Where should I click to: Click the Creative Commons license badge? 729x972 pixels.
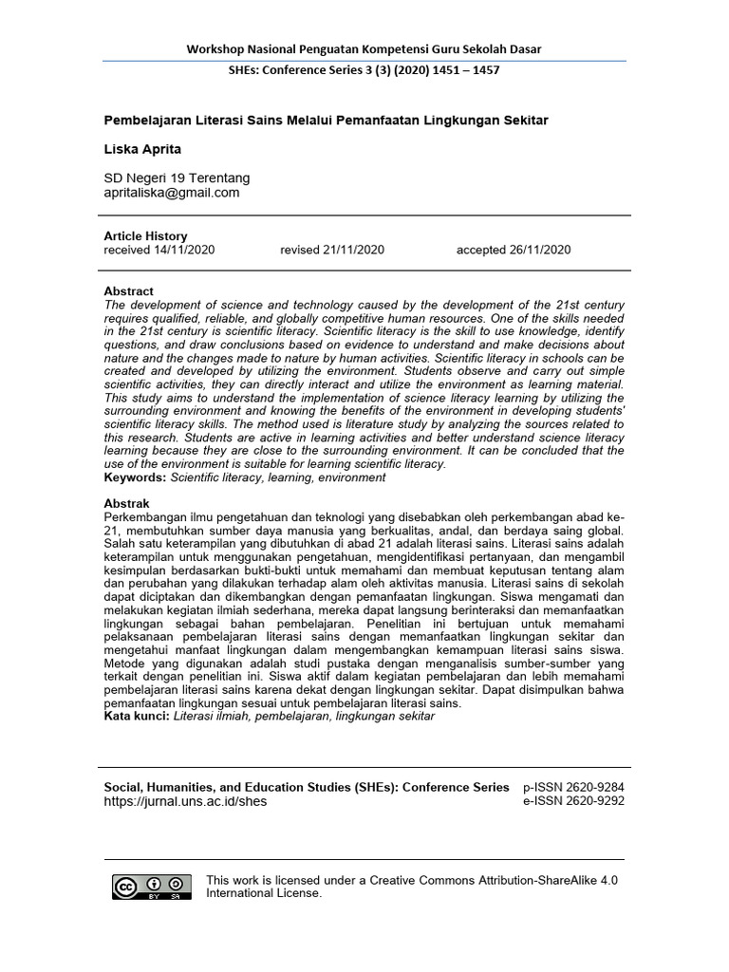click(152, 887)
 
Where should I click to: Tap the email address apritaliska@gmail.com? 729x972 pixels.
click(171, 193)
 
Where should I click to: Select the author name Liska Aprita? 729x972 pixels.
click(141, 149)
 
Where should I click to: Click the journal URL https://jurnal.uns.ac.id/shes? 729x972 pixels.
click(185, 801)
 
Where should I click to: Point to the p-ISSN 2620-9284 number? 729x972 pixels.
click(573, 787)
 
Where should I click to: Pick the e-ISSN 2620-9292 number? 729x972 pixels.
click(573, 801)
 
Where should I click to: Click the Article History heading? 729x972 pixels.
click(145, 236)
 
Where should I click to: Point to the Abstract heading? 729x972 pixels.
click(128, 291)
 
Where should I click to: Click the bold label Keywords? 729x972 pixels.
click(135, 477)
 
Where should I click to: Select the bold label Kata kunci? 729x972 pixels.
click(137, 717)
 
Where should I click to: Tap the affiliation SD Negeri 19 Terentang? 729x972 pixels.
click(177, 178)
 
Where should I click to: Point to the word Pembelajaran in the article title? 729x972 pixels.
click(145, 121)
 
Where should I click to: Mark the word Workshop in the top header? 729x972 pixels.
click(215, 49)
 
